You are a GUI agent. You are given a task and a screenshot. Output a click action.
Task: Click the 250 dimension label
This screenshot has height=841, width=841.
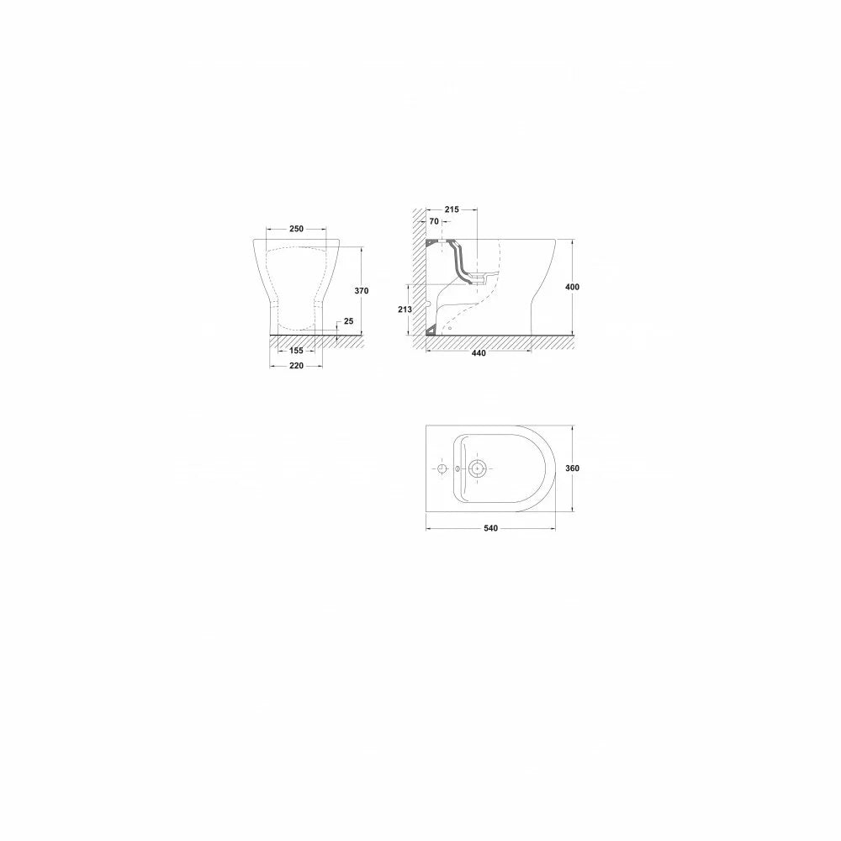tap(296, 229)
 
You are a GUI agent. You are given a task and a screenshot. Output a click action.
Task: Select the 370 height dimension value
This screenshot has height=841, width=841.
tap(362, 291)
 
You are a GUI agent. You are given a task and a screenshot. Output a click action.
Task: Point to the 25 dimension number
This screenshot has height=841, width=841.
tap(349, 321)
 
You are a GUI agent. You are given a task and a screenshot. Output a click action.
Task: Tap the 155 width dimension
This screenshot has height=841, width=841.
tap(296, 351)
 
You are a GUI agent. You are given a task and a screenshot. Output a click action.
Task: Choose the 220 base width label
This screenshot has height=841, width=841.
tap(296, 366)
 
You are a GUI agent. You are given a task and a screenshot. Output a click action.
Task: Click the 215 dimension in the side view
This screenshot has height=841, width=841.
tap(452, 209)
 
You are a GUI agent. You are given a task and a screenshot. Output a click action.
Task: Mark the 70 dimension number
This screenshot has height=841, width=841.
tap(434, 221)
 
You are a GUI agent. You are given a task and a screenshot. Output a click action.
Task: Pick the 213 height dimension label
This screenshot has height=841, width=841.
tap(405, 309)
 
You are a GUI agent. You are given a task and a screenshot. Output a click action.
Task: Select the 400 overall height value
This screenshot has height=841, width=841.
tap(572, 287)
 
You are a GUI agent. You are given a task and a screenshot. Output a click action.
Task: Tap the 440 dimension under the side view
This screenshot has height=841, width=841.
tap(479, 353)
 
